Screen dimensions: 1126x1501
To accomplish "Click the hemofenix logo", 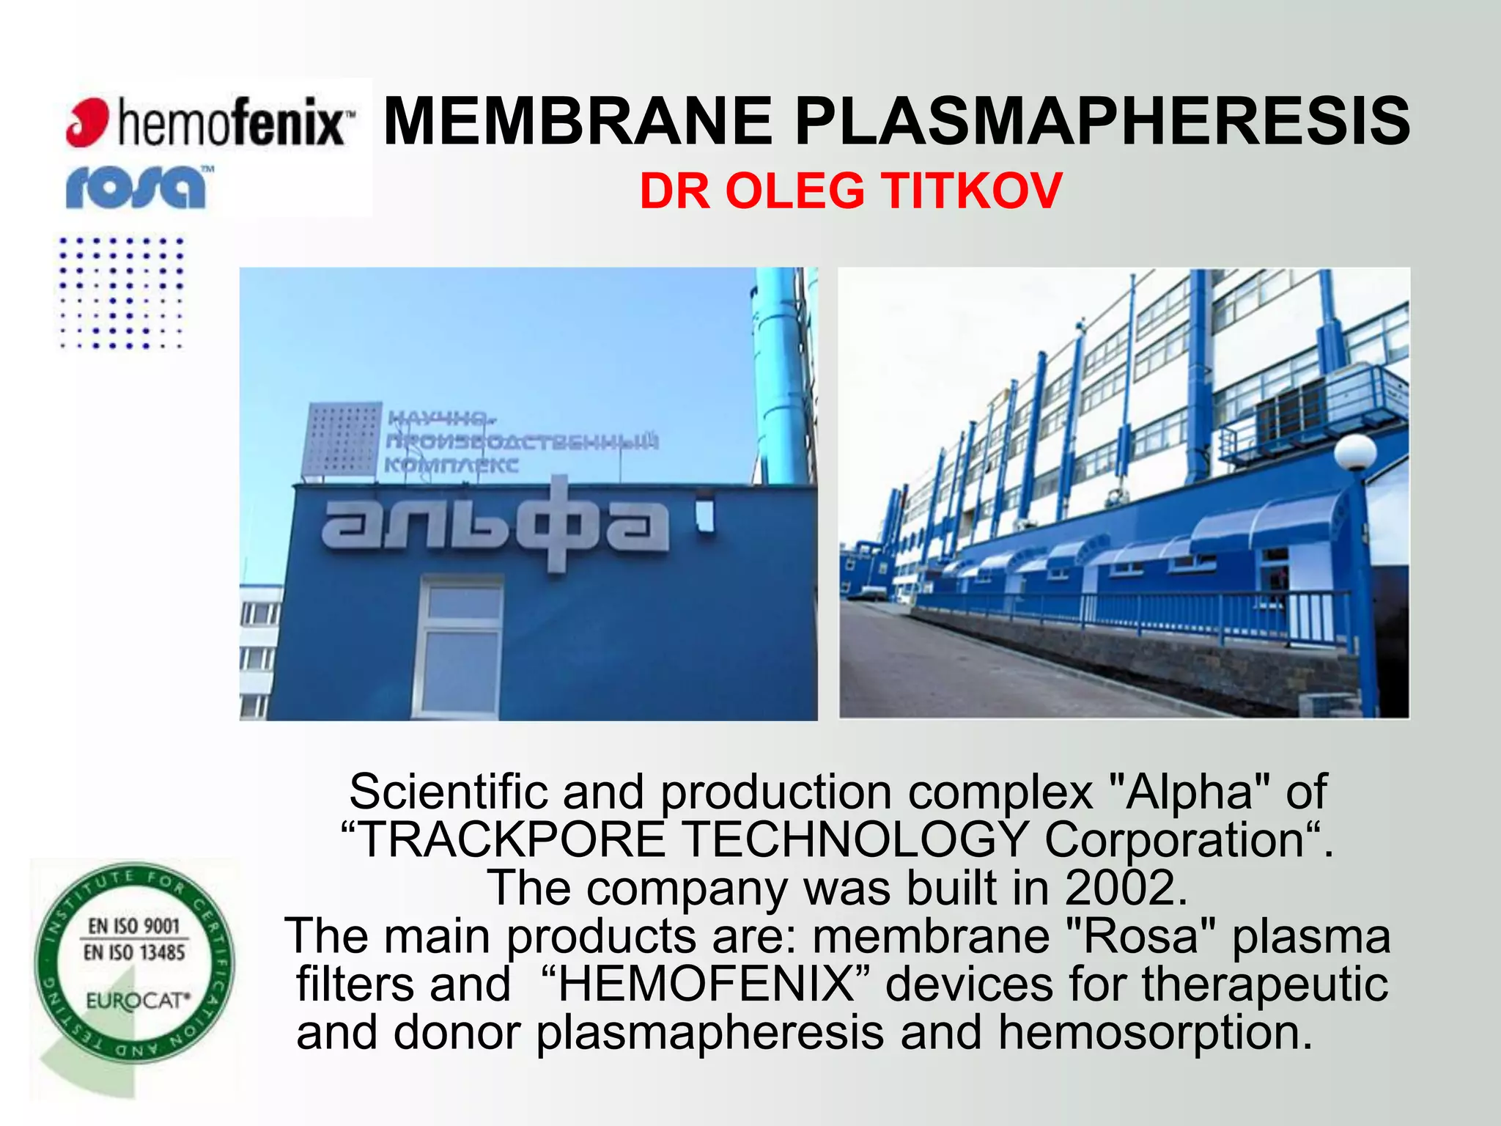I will pyautogui.click(x=209, y=122).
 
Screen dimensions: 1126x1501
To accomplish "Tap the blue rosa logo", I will pyautogui.click(x=137, y=187).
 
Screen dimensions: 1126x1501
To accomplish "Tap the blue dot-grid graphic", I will pyautogui.click(x=121, y=292).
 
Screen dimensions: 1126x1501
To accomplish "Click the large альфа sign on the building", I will pyautogui.click(x=495, y=523).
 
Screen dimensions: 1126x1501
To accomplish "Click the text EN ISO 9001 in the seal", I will pyautogui.click(x=134, y=926).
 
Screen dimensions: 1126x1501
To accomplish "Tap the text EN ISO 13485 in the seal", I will pyautogui.click(x=134, y=952).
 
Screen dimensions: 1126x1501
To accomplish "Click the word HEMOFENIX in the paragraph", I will pyautogui.click(x=706, y=984).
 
